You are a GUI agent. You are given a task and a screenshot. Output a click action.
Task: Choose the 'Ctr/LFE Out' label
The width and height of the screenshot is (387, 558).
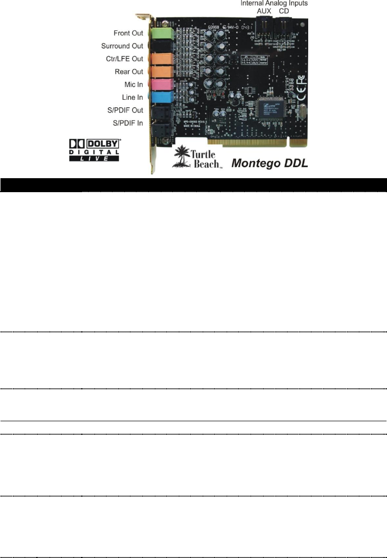click(x=123, y=59)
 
